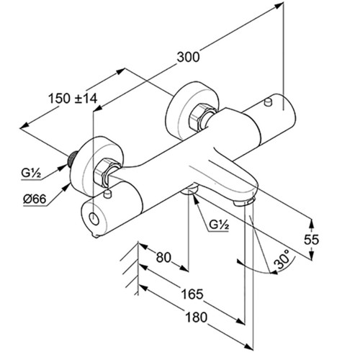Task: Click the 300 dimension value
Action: [188, 58]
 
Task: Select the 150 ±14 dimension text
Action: [73, 99]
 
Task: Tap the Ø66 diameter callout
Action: [35, 199]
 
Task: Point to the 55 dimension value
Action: [311, 239]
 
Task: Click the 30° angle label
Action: [282, 259]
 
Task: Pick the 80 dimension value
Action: [163, 258]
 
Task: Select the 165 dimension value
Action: [192, 294]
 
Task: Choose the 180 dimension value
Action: [196, 317]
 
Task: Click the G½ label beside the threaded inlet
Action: [31, 173]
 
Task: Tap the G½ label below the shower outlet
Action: [219, 225]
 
